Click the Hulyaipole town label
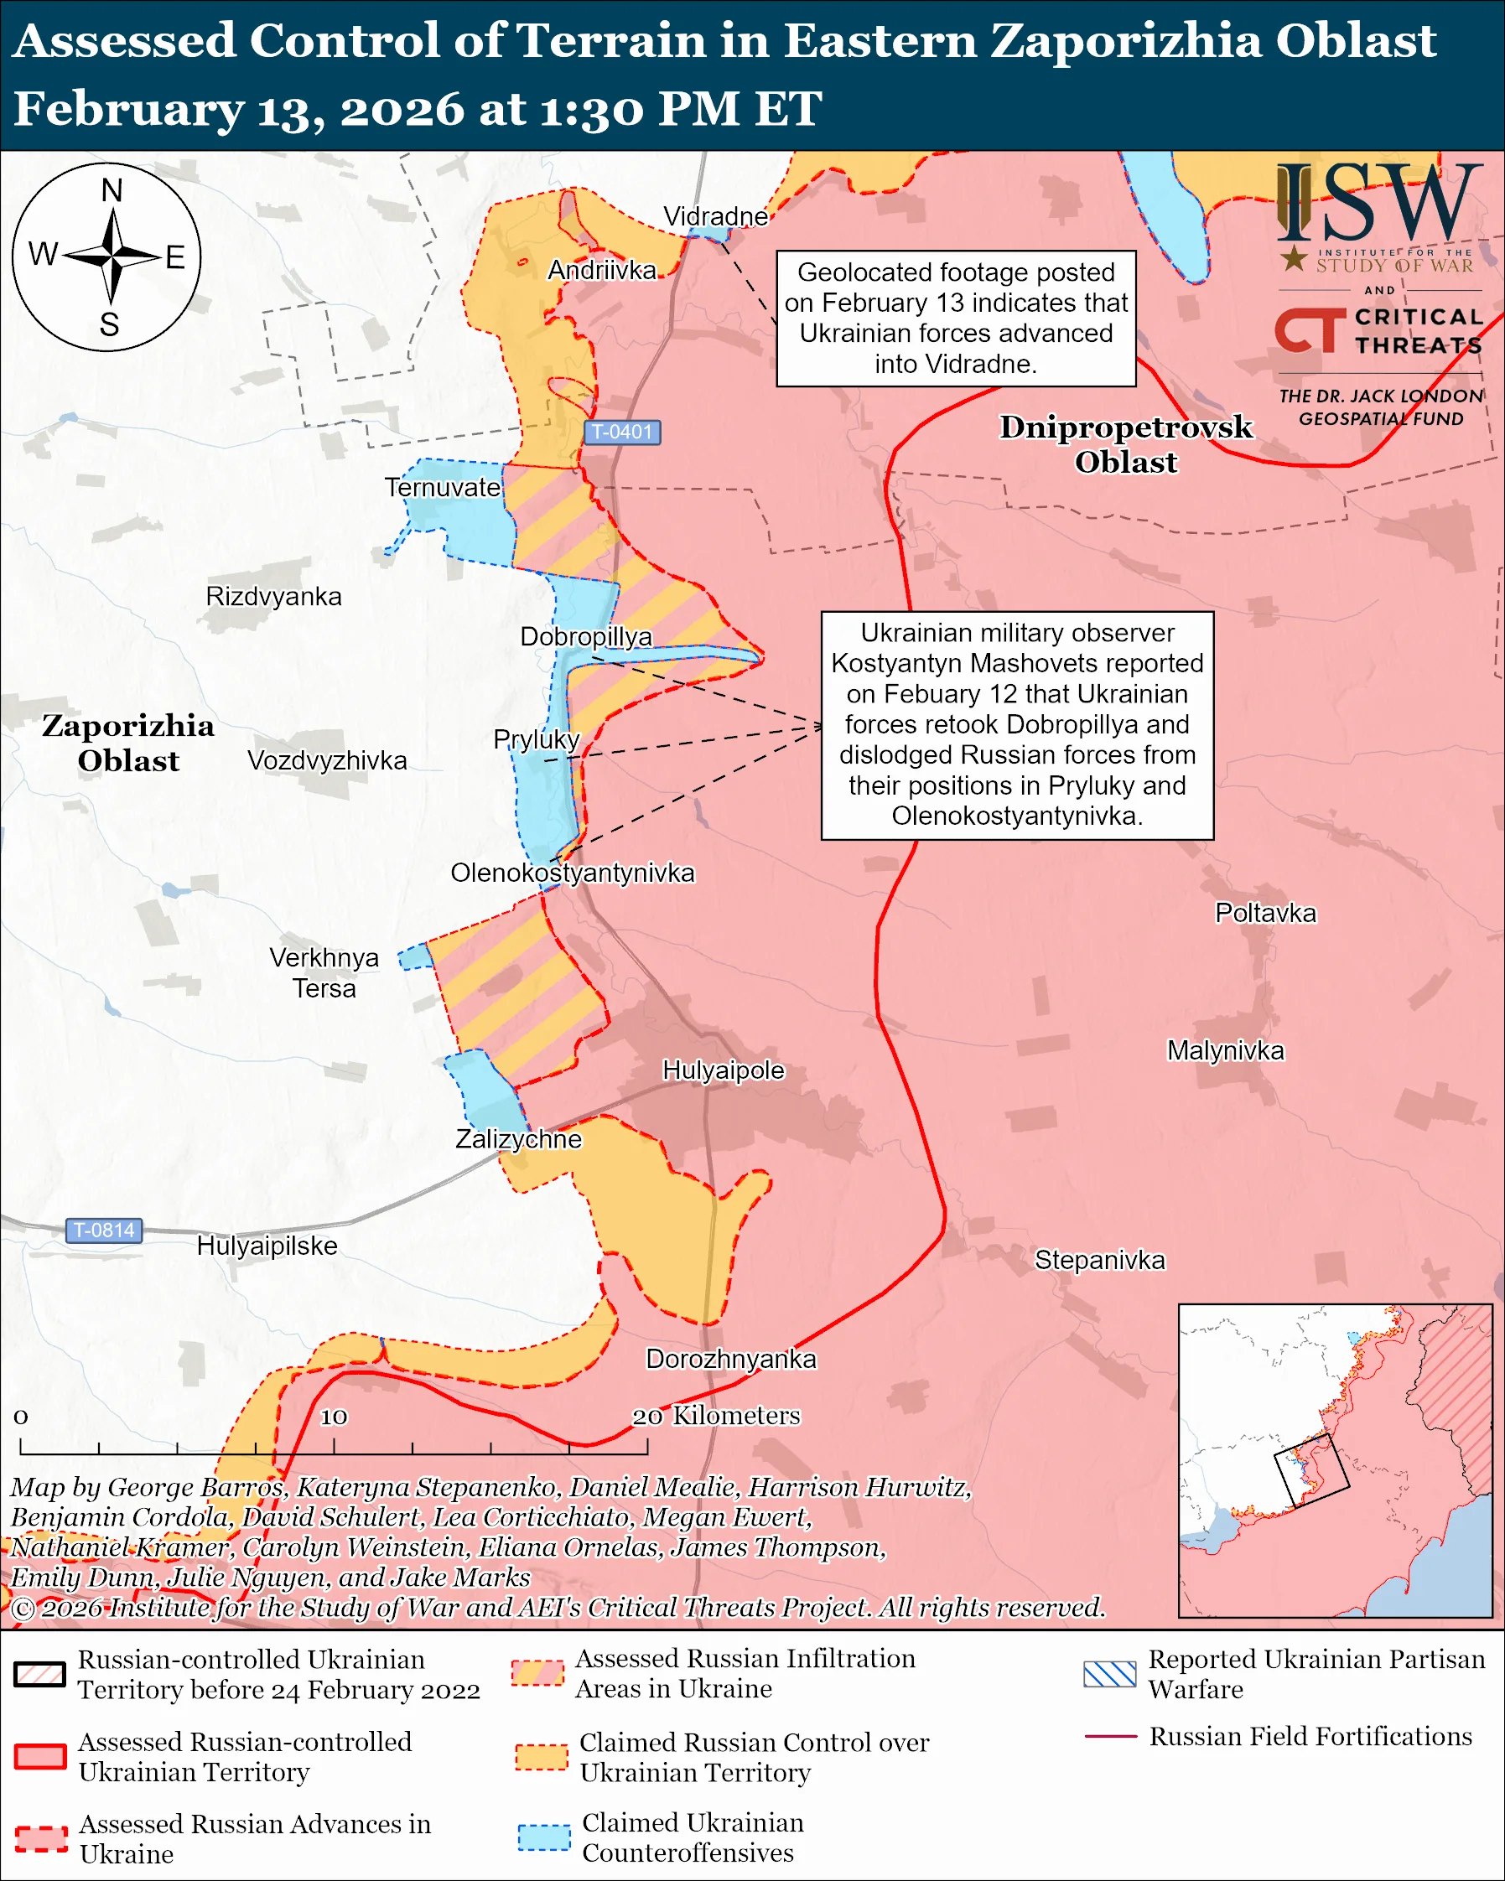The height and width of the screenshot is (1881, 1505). pos(724,1070)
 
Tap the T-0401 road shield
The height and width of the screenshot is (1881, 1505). pos(621,432)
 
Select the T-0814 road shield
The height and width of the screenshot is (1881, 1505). pos(104,1231)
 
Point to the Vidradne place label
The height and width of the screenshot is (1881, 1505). pos(715,215)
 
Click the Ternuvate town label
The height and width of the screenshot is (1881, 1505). pos(444,488)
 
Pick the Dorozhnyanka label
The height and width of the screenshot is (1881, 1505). pos(731,1360)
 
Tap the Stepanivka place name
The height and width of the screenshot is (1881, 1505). pos(1099,1260)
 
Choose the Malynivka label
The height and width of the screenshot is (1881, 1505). pos(1225,1050)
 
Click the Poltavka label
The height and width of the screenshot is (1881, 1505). pos(1265,914)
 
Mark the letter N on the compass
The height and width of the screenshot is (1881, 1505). pos(112,190)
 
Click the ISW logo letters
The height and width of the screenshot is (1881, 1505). pos(1379,205)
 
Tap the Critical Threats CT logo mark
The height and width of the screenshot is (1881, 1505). pos(1310,329)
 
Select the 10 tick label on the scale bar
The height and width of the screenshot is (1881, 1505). pos(335,1417)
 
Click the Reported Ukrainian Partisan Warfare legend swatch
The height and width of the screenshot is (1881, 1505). pos(1110,1674)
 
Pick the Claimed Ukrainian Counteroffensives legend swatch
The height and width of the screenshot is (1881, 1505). pos(543,1837)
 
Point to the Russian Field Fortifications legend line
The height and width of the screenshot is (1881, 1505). pos(1110,1737)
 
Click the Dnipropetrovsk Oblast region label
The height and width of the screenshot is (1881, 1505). pos(1125,444)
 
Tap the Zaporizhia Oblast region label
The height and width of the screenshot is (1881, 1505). pos(128,743)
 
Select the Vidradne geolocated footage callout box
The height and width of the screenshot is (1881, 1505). pos(955,319)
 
